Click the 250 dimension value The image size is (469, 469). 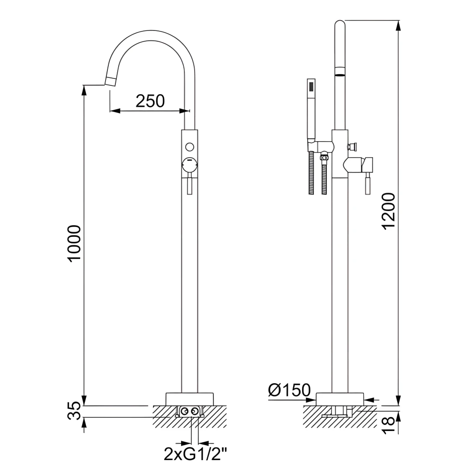click(x=150, y=100)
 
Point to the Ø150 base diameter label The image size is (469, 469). click(x=289, y=390)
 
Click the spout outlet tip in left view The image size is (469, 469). click(x=110, y=82)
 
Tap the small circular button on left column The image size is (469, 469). click(x=189, y=146)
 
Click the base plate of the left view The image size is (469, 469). click(x=189, y=398)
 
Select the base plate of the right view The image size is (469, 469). click(x=340, y=399)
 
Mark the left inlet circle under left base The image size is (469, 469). click(x=184, y=411)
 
